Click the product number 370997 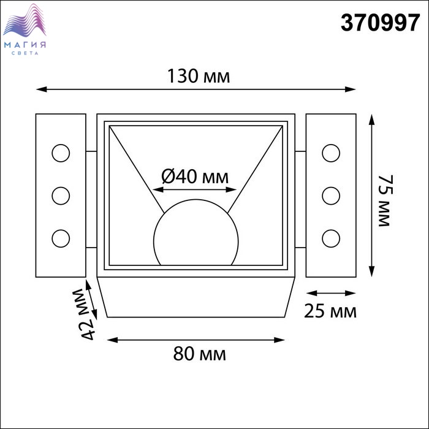point(380,23)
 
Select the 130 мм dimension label point(199,76)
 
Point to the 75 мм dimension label point(385,200)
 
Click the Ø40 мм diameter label point(195,177)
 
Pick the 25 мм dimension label point(330,311)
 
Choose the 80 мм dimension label point(199,354)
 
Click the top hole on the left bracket point(61,153)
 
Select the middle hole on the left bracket point(61,196)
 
